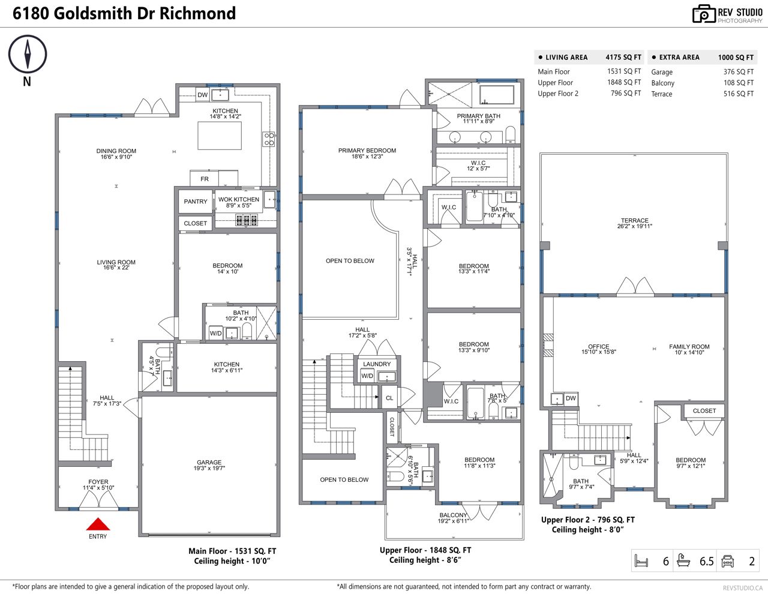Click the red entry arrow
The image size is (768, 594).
click(98, 524)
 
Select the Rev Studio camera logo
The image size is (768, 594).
click(704, 14)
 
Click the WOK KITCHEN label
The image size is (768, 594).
click(239, 199)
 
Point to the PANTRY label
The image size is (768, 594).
click(196, 202)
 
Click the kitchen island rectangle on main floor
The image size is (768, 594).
click(220, 136)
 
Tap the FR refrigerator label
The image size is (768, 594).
click(205, 179)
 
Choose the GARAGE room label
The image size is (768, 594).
click(209, 462)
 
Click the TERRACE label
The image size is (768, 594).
click(635, 220)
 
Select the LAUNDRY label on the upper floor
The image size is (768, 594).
click(377, 364)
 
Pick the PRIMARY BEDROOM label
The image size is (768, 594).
click(367, 151)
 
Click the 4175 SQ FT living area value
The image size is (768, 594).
click(623, 57)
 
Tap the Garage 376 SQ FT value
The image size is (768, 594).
click(739, 72)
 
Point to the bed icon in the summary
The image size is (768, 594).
click(641, 561)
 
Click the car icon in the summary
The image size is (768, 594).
click(728, 561)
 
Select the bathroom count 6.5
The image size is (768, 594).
click(707, 561)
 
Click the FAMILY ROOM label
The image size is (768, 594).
click(689, 347)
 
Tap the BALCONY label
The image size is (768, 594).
click(454, 515)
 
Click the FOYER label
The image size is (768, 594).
click(98, 482)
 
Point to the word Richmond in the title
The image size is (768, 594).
click(197, 13)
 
